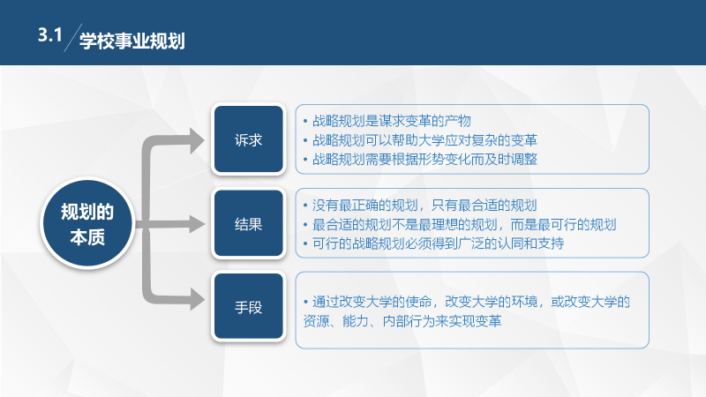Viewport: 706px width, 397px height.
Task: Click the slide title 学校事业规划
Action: point(131,41)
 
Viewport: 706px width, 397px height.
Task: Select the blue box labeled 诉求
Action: point(247,140)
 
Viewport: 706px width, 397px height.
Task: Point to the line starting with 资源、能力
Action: point(402,321)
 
